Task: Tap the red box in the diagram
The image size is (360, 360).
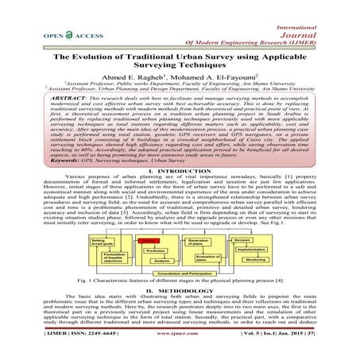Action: pyautogui.click(x=148, y=239)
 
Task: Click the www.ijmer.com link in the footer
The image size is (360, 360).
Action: pyautogui.click(x=183, y=348)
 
